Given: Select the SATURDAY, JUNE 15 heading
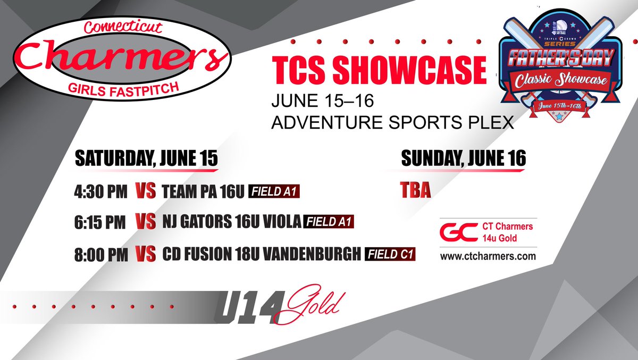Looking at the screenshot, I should point(146,159).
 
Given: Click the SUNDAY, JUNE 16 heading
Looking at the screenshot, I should point(463,158).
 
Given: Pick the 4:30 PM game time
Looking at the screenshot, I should point(100,191).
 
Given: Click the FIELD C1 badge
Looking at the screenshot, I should point(390,255).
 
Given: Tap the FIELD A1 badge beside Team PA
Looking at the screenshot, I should point(274,192).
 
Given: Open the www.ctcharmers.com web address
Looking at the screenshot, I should point(488,256).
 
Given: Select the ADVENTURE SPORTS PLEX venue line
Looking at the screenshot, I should point(392,123).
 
